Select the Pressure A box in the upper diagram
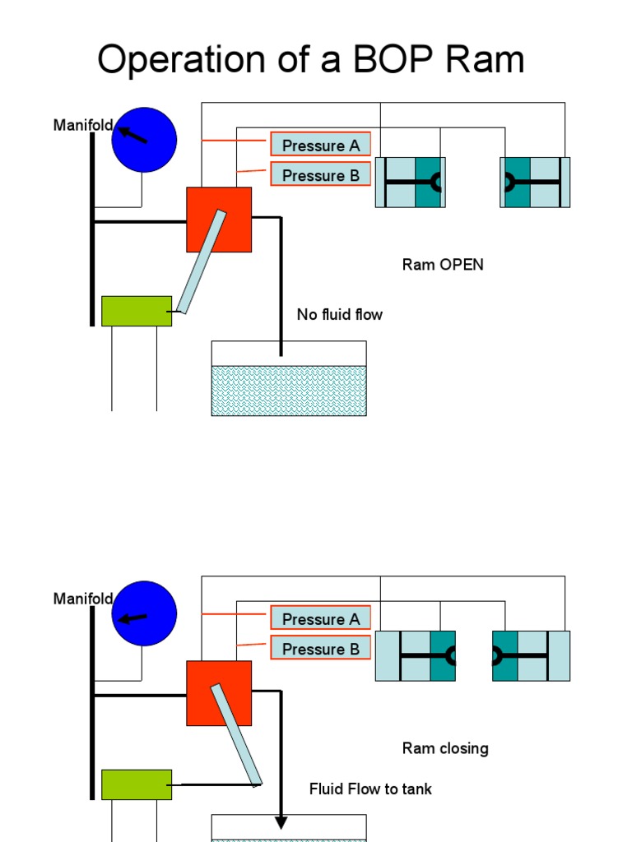321,145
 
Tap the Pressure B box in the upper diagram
321,174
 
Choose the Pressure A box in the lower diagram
321,618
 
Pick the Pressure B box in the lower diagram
321,648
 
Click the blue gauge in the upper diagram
144,140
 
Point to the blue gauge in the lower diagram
144,613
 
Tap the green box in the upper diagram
137,311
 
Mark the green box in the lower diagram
137,784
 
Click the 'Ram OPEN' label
443,265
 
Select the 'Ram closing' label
445,748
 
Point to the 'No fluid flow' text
340,314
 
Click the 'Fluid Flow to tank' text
370,789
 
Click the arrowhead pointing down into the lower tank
281,822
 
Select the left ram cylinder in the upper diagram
411,182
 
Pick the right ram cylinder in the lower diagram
531,655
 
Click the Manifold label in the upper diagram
83,125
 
